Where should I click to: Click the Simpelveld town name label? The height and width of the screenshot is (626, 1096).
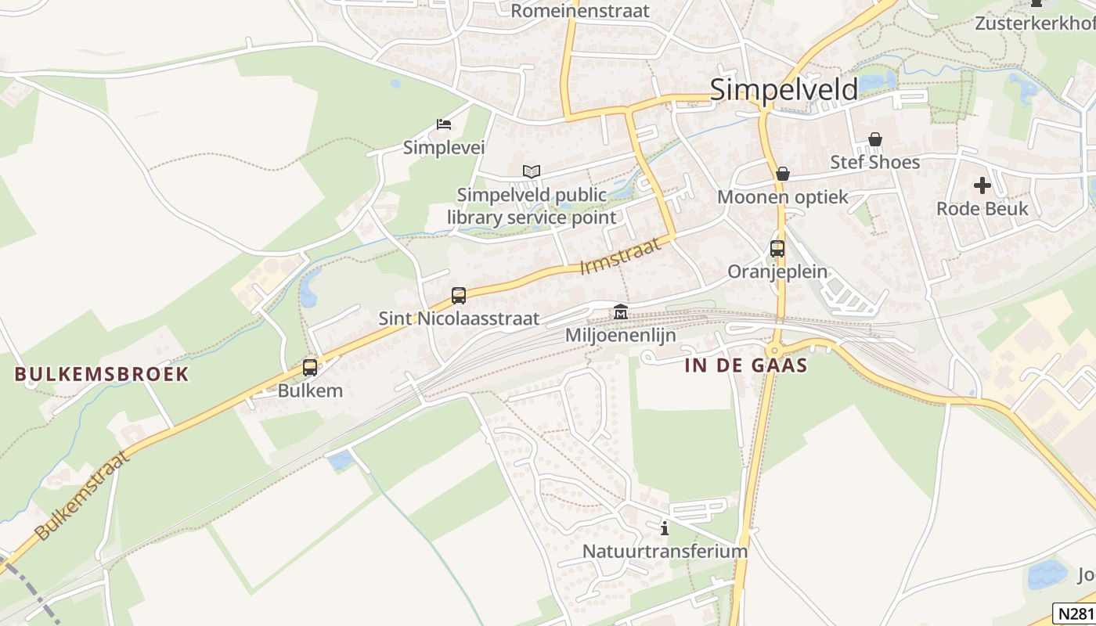point(784,89)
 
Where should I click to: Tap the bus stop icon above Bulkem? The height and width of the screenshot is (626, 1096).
point(310,367)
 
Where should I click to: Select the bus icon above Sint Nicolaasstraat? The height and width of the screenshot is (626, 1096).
point(459,296)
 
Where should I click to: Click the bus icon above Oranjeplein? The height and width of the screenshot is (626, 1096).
point(777,249)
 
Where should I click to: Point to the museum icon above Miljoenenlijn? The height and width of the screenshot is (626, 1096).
point(621,312)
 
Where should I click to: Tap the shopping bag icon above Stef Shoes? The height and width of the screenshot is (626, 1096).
point(875,139)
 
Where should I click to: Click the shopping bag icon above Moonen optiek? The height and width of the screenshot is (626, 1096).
point(782,174)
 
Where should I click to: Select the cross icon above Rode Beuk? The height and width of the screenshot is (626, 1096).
point(982,185)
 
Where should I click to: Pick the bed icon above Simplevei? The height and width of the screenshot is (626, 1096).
point(444,124)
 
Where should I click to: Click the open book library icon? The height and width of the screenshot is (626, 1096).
point(532,171)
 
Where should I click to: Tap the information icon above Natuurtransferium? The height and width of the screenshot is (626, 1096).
point(665,528)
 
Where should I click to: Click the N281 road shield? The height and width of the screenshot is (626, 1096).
point(1073,613)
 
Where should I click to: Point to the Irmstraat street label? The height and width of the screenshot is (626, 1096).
point(620,256)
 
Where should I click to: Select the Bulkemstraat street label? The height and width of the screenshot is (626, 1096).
point(81,495)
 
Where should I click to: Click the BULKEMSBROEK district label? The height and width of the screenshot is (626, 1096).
point(102,374)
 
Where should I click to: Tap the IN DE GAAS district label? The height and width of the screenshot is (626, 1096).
point(745,365)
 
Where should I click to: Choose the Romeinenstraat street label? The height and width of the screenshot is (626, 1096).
point(580,11)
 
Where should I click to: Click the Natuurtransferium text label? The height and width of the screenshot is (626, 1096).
point(665,551)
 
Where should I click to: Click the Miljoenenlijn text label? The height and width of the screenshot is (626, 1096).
point(621,335)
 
